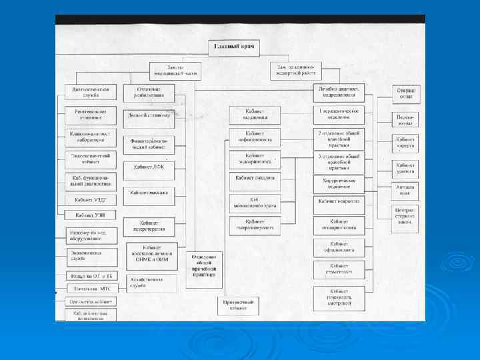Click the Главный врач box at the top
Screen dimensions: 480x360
point(235,47)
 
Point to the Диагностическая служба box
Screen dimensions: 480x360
point(91,91)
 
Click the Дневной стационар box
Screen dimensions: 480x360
point(149,115)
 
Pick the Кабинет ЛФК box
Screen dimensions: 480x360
point(149,167)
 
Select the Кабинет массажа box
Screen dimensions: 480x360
point(149,193)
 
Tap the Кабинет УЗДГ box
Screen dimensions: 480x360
point(91,199)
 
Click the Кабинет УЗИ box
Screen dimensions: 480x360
point(91,215)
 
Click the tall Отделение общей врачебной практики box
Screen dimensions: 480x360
point(204,265)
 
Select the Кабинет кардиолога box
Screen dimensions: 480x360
point(255,114)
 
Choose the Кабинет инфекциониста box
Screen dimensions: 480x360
point(255,137)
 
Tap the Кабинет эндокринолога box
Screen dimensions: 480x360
point(255,159)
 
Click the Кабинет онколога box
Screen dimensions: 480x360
point(255,179)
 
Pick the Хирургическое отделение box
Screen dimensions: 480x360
point(339,182)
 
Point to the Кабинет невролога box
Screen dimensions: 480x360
point(339,201)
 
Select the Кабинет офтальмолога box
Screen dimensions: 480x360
point(339,247)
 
